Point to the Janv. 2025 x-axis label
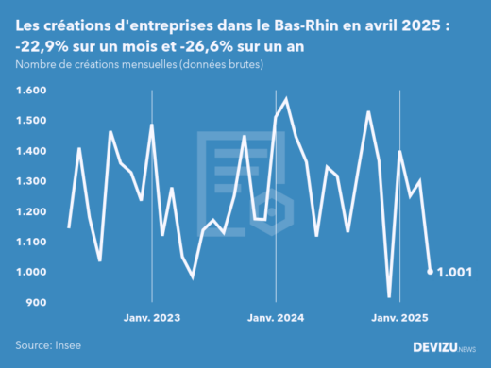click(x=400, y=319)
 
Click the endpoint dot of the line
click(x=431, y=272)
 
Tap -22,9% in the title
click(x=45, y=44)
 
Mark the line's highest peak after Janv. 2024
click(x=285, y=99)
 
